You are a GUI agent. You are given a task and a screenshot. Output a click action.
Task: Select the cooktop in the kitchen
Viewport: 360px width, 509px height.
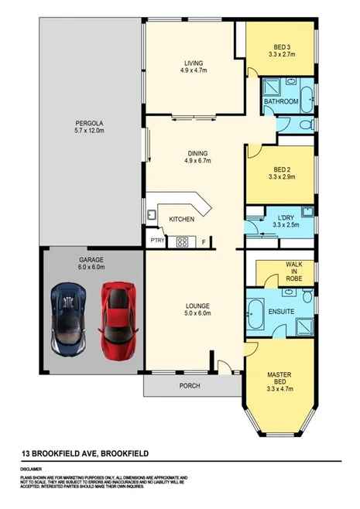(183, 241)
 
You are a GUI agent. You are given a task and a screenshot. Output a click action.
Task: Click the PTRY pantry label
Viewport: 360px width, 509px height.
(158, 241)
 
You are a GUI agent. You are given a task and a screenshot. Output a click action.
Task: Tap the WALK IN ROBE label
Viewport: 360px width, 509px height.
(293, 270)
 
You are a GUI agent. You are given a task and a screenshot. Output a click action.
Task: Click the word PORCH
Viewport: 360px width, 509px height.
(189, 385)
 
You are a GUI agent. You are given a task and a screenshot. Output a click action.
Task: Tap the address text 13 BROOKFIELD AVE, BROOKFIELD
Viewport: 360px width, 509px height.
(84, 453)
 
